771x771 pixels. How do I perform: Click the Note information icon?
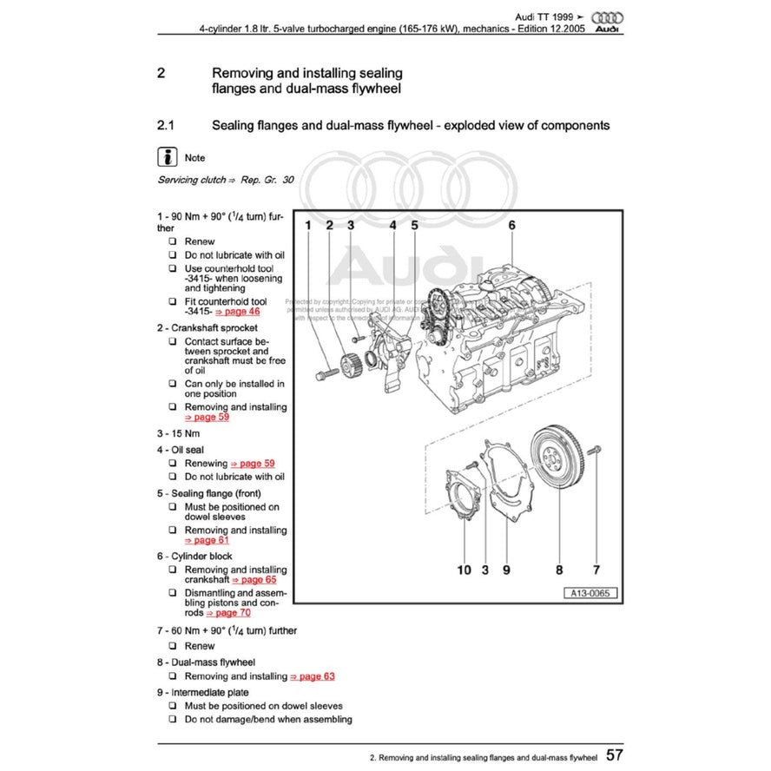(167, 157)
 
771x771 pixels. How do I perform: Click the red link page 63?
(312, 675)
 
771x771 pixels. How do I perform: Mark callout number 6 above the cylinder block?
(511, 225)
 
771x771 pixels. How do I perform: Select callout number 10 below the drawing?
(465, 570)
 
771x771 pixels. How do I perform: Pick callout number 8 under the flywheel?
(559, 570)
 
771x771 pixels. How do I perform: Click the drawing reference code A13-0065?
(590, 594)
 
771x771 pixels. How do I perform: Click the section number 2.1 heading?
(166, 125)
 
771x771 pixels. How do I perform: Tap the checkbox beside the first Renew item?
(173, 241)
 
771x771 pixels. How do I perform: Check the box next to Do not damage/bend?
(173, 719)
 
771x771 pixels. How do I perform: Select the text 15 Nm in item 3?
(185, 432)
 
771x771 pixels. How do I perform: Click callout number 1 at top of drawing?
(307, 226)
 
